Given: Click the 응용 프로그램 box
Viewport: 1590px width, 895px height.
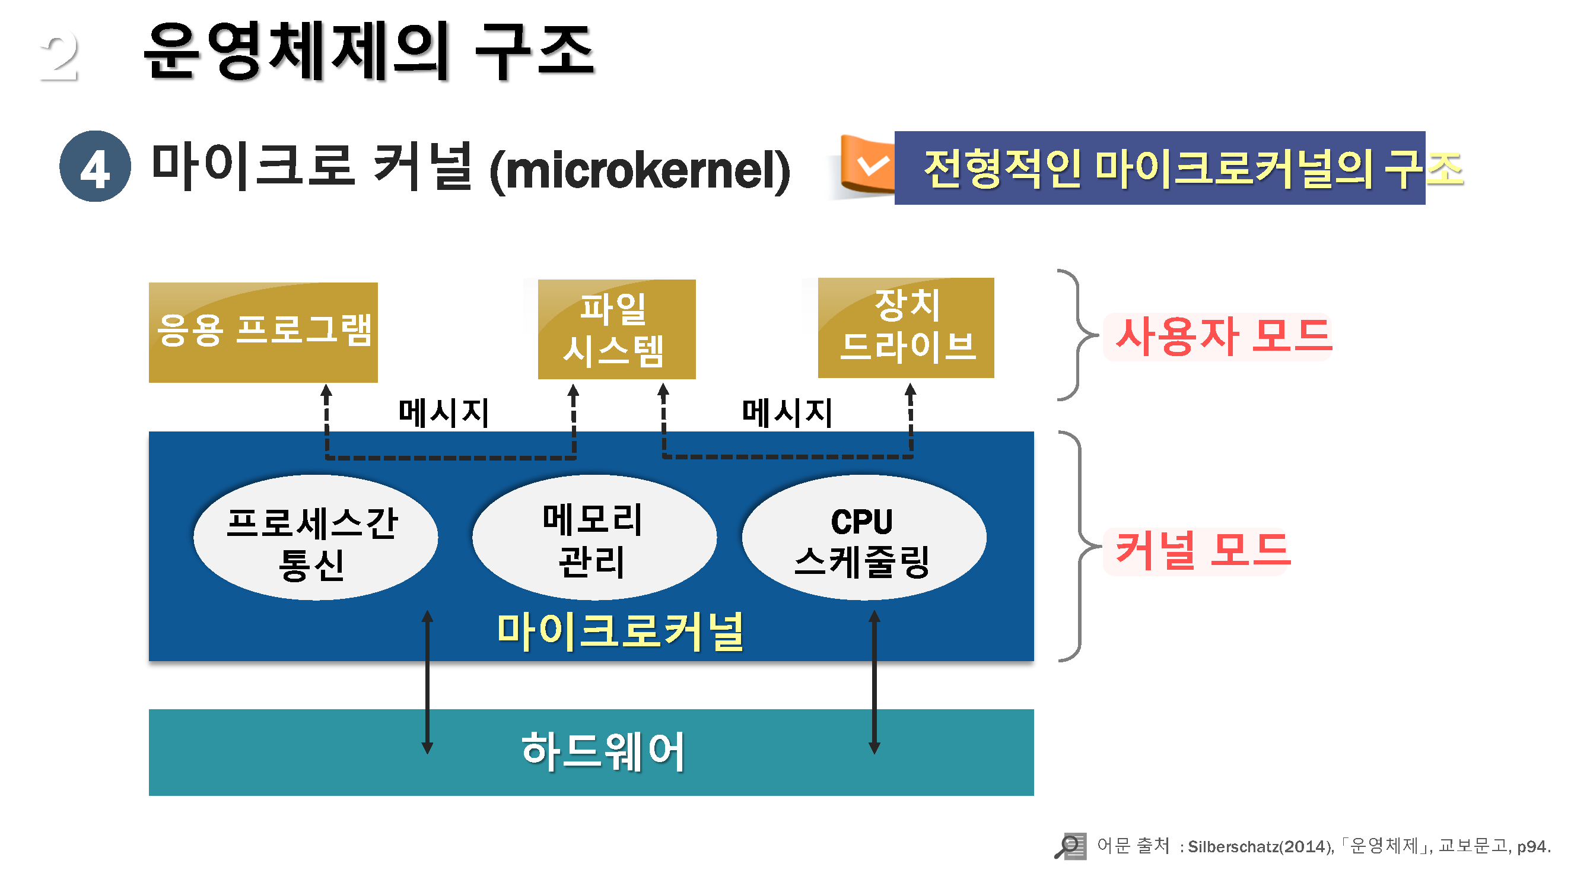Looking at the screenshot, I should coord(263,332).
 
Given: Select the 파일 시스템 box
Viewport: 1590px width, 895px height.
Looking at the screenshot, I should coord(616,329).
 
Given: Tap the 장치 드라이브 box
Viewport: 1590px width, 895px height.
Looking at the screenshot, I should coord(905,328).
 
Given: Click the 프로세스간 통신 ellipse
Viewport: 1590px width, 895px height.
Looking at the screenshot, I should coord(315,537).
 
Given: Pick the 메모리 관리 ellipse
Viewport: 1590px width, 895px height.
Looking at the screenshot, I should coord(594,537).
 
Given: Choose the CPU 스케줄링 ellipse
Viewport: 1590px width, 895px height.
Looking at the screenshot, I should coord(863,537).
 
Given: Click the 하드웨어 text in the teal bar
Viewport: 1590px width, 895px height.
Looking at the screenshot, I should coord(603,752).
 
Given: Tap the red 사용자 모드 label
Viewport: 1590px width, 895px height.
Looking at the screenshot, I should coord(1223,337).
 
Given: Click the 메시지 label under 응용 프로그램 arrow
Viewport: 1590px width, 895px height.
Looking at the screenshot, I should coord(444,412).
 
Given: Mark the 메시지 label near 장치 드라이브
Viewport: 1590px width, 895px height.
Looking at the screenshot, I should coord(787,412).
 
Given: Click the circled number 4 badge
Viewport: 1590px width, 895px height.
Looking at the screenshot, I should coord(95,166).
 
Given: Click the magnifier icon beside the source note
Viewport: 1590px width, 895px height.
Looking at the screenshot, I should coord(1069,846).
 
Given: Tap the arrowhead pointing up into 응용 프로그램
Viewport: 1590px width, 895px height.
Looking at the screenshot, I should coord(326,391).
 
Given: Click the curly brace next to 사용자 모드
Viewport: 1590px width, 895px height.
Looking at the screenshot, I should coord(1077,335).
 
